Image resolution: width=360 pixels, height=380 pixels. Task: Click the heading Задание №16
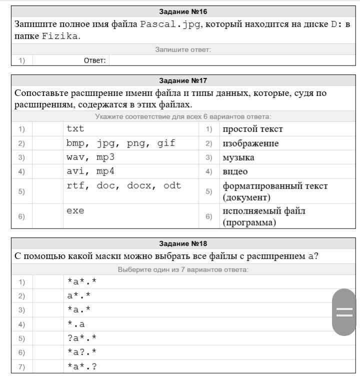(x=183, y=11)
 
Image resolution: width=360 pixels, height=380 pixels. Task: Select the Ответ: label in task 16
(x=95, y=60)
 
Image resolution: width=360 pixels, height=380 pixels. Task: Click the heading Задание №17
(x=183, y=80)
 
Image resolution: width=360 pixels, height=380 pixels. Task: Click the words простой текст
(x=252, y=129)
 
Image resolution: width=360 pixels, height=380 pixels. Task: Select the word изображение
(x=250, y=143)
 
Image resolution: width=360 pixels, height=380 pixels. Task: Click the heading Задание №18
(x=183, y=243)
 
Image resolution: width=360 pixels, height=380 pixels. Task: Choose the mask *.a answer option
(x=76, y=324)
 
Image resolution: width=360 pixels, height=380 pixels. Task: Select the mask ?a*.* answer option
(x=81, y=338)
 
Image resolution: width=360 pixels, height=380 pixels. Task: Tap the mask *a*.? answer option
(x=81, y=366)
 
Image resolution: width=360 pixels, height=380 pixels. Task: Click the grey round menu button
(x=344, y=312)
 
